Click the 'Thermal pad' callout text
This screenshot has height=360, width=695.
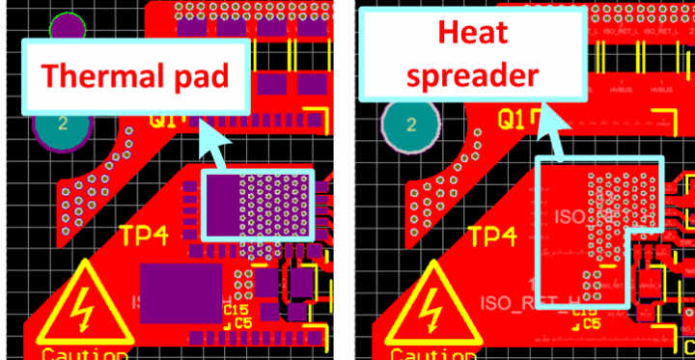click(135, 76)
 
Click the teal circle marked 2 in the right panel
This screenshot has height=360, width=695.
click(411, 125)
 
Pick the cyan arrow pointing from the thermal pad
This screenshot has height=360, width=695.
click(214, 151)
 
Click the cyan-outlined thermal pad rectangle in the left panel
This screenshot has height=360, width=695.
click(259, 205)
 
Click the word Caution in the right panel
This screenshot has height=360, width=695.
click(433, 354)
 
